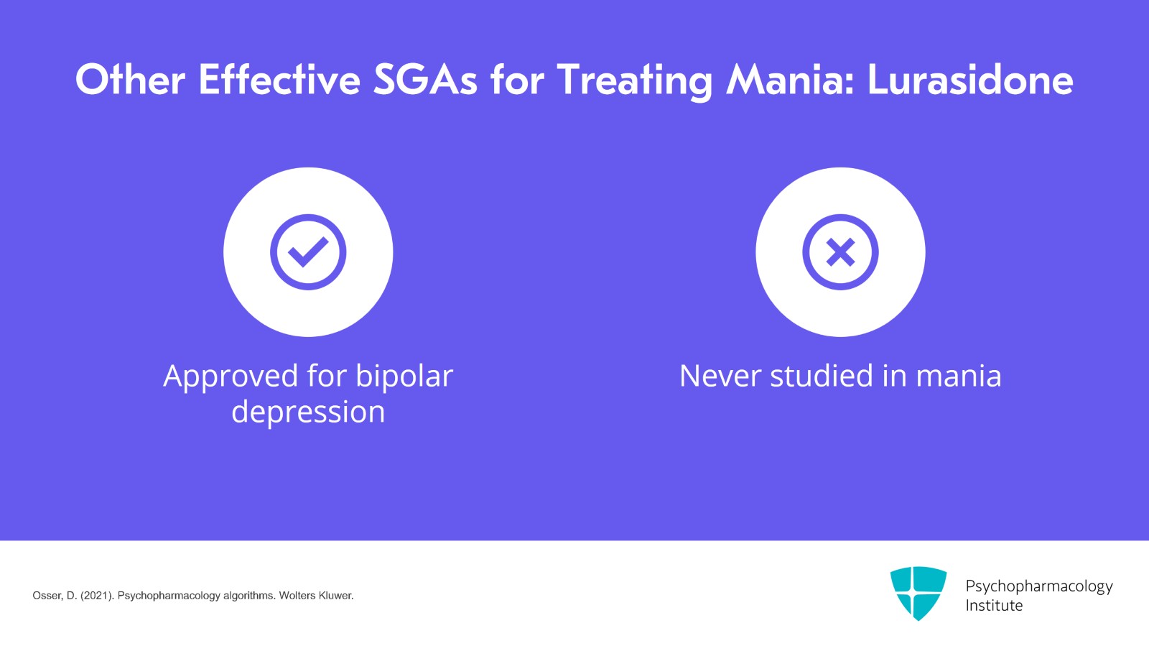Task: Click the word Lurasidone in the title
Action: click(970, 80)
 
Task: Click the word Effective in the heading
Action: click(279, 80)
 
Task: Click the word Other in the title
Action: click(130, 80)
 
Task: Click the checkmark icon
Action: click(308, 252)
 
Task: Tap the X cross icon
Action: click(840, 252)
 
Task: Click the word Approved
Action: click(231, 377)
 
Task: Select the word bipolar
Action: click(404, 376)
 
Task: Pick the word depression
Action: click(308, 412)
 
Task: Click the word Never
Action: click(720, 376)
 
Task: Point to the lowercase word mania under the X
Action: click(959, 376)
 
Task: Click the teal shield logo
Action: click(918, 592)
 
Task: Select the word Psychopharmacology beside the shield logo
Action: click(1038, 586)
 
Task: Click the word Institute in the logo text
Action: click(994, 606)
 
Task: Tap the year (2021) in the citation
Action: click(97, 596)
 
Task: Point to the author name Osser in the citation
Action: click(47, 596)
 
